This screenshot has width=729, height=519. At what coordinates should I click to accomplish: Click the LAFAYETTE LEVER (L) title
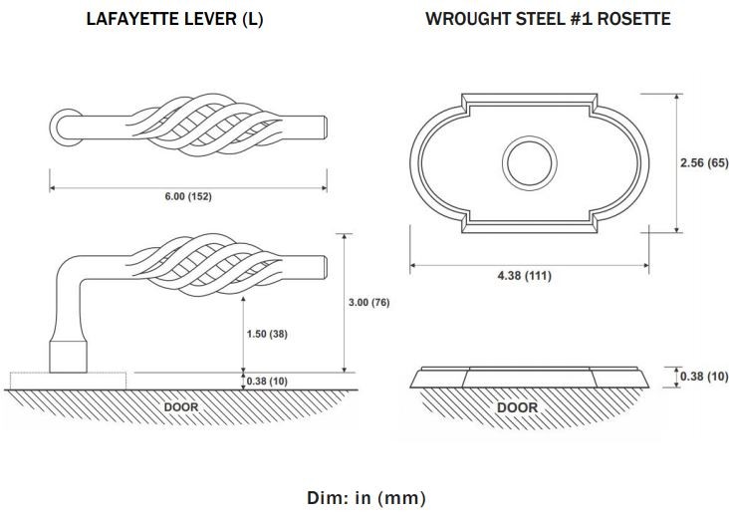pos(175,19)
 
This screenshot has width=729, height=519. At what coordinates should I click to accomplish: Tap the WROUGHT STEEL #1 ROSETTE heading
pos(548,19)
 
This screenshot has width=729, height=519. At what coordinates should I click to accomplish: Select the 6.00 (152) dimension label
pos(188,196)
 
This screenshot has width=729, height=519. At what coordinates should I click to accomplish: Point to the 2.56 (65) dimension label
pos(704,162)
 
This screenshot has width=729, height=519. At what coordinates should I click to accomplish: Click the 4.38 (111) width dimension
pos(525,275)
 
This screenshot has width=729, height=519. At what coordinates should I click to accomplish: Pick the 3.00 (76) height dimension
pos(368,302)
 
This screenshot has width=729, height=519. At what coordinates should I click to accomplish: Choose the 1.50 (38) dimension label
pos(267,334)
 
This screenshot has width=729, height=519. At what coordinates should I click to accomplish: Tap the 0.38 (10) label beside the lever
pos(267,382)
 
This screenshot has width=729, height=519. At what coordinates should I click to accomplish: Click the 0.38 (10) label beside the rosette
pos(704,376)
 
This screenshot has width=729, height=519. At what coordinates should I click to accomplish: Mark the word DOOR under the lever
pos(181,406)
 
